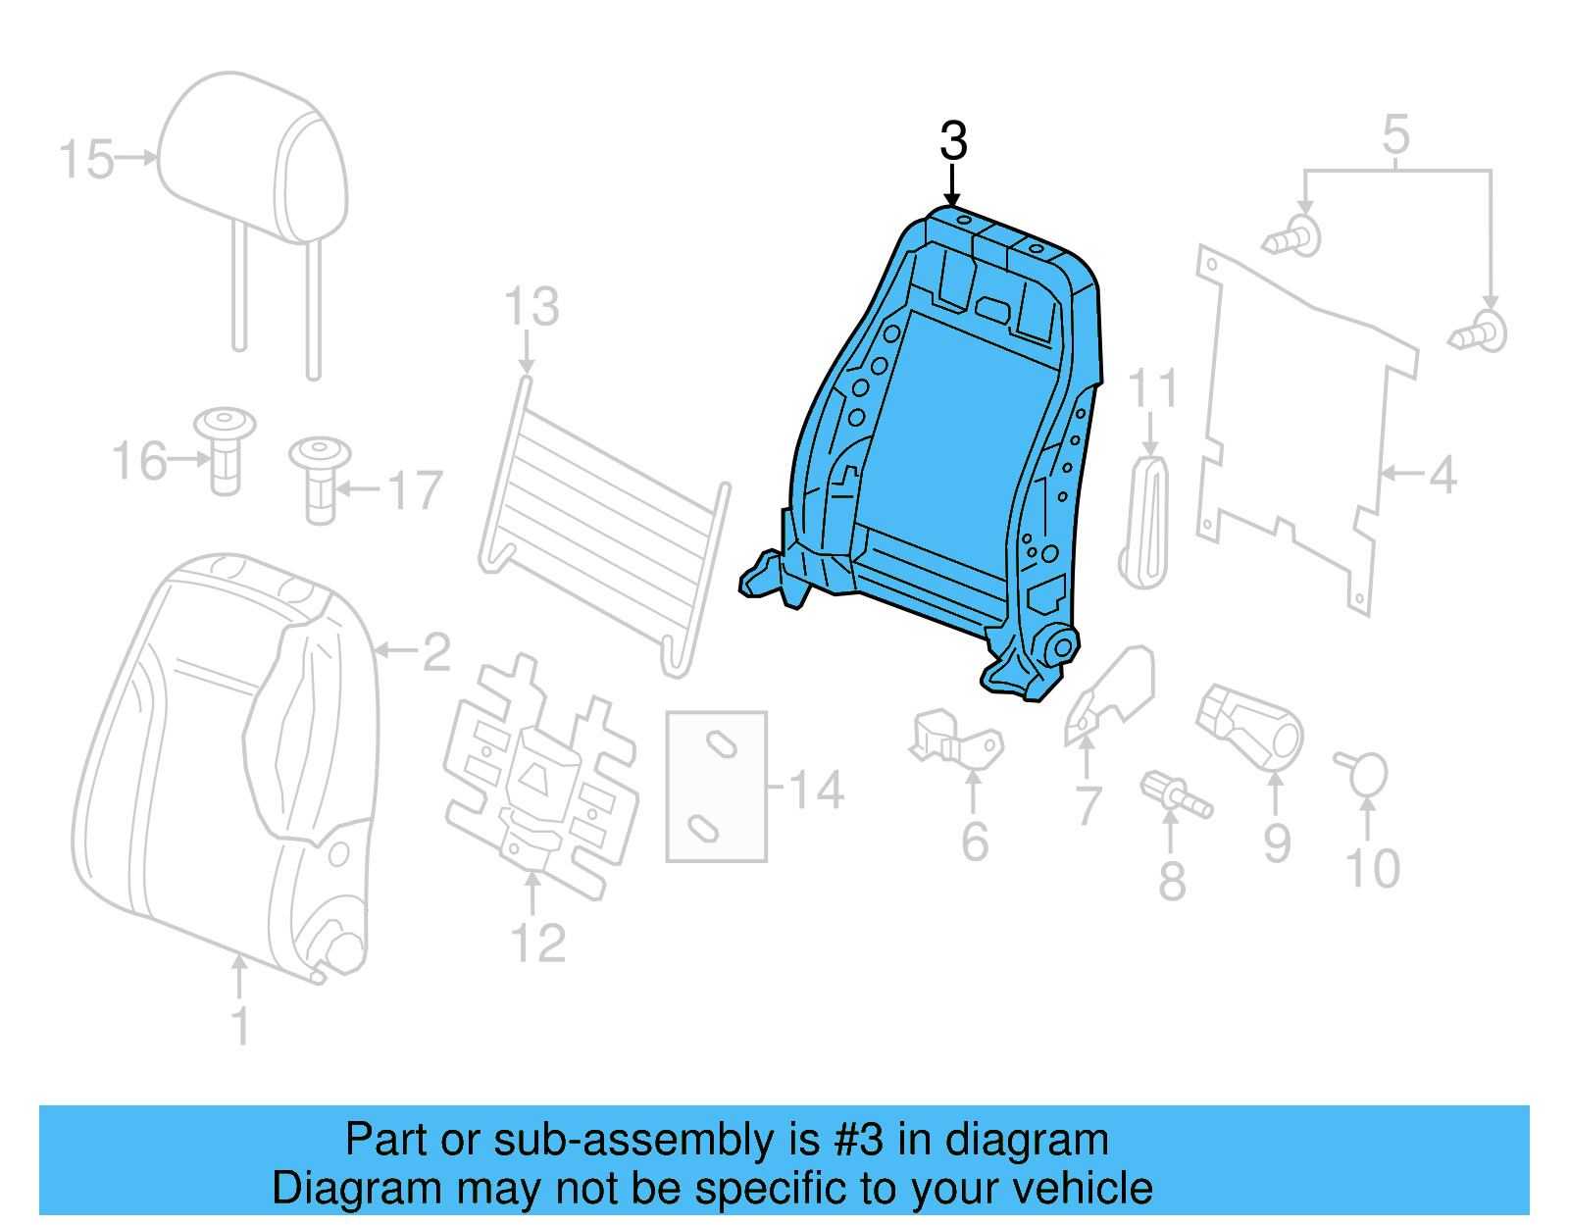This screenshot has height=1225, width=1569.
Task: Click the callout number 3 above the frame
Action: [953, 141]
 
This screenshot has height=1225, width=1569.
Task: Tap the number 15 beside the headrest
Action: [85, 160]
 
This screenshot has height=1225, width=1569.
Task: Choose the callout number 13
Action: [531, 307]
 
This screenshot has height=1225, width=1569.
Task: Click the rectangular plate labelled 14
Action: [716, 786]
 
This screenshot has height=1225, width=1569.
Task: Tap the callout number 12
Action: [537, 943]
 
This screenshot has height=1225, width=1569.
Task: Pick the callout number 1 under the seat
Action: [240, 1026]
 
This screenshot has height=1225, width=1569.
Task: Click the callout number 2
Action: [436, 652]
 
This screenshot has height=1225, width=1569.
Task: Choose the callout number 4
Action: [1442, 476]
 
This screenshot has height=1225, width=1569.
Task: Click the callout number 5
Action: [1395, 135]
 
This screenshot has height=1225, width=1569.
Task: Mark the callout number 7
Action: [1088, 806]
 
